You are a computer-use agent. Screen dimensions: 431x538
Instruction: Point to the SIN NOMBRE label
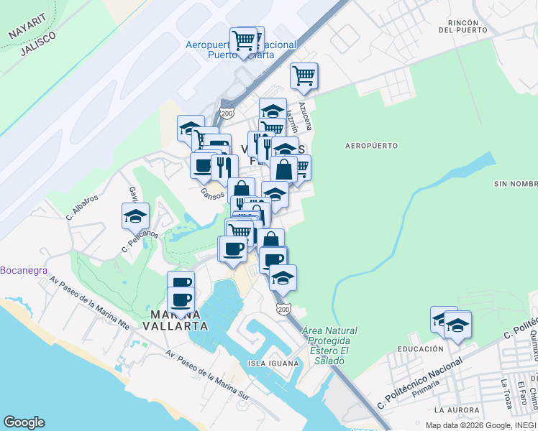tap(515, 184)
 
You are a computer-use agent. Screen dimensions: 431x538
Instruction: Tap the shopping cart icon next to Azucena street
tap(304, 75)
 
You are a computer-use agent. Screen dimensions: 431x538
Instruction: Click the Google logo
tap(24, 422)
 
